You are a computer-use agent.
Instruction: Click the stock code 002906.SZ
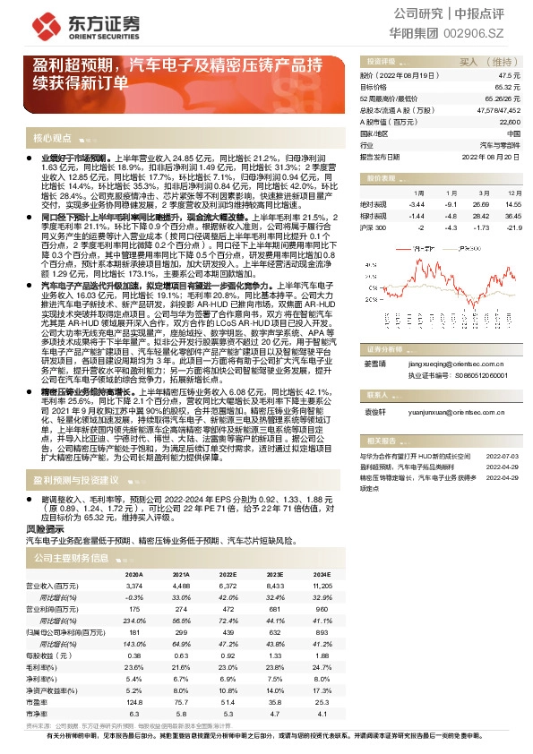(x=488, y=32)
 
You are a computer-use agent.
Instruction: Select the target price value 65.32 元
(x=508, y=88)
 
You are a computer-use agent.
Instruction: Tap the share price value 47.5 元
(x=511, y=77)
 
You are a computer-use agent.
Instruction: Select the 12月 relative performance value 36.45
(x=512, y=216)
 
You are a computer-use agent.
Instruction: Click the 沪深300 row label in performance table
(x=374, y=227)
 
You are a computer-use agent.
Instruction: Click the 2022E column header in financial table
(x=228, y=574)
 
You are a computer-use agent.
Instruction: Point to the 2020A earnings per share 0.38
(x=134, y=655)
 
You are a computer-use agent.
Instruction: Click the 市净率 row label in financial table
(x=39, y=713)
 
